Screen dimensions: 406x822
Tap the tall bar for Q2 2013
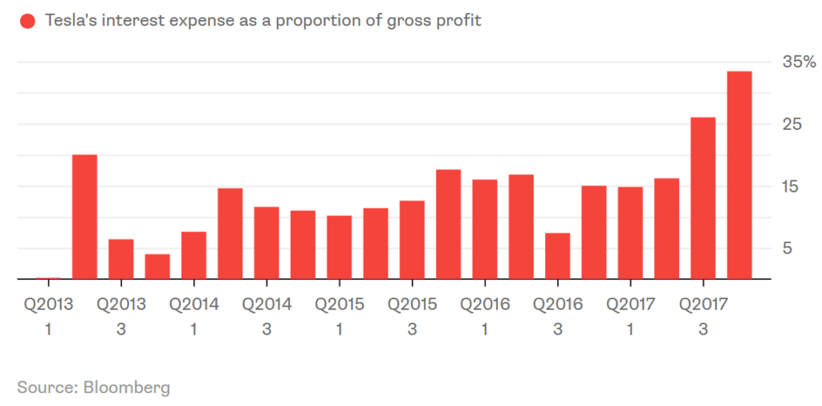pos(84,217)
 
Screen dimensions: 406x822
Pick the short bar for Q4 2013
pos(157,266)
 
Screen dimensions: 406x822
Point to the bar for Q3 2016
pos(558,256)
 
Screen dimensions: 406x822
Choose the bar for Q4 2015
pos(449,225)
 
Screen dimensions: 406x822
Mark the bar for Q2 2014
pos(230,233)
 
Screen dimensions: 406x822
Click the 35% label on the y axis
pos(800,63)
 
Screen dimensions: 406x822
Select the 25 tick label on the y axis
pos(792,124)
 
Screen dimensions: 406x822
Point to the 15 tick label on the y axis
pos(792,186)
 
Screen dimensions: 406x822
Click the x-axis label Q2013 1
pos(47,316)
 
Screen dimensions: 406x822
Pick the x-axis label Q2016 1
pos(484,316)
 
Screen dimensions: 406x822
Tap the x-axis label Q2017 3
pos(703,316)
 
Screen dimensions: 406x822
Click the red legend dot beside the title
pos(28,21)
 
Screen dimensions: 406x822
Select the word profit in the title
pos(458,21)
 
